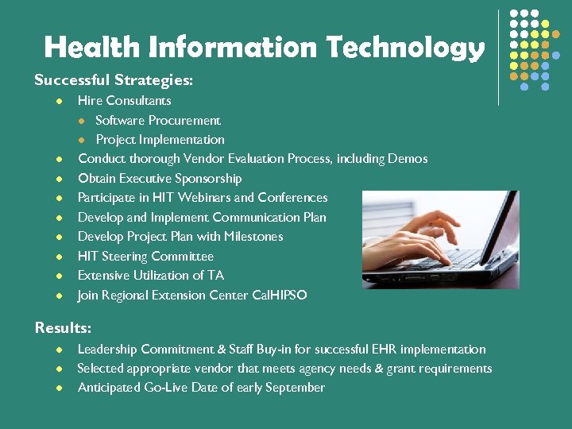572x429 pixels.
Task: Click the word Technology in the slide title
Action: (405, 48)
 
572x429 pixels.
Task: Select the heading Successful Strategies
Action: (114, 80)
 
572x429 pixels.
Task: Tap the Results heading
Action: (63, 327)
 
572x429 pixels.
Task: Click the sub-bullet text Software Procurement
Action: (158, 120)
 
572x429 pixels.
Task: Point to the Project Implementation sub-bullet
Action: (160, 139)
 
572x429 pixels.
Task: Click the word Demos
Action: (408, 159)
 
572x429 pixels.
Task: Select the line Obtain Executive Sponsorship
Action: (159, 178)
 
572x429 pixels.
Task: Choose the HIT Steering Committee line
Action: (145, 256)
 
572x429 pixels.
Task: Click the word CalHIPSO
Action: (279, 295)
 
